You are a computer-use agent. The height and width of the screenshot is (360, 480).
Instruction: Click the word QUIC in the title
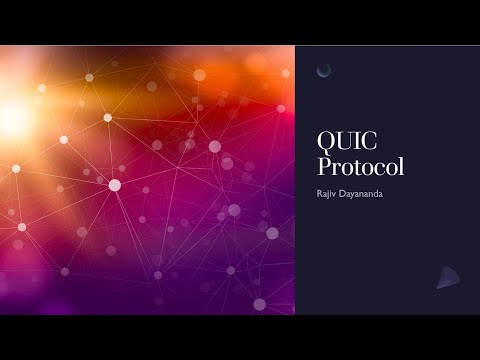click(343, 143)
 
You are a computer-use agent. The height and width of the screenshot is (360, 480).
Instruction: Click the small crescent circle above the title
click(324, 69)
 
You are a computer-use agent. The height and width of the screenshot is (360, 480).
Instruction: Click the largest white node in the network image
click(114, 185)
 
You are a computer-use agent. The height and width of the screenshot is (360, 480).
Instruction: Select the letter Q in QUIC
click(326, 143)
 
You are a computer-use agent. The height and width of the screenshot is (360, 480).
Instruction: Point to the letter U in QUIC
click(342, 143)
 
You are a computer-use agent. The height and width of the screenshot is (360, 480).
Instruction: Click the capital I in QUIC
click(353, 143)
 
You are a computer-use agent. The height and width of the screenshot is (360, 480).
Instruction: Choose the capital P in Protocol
click(324, 165)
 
